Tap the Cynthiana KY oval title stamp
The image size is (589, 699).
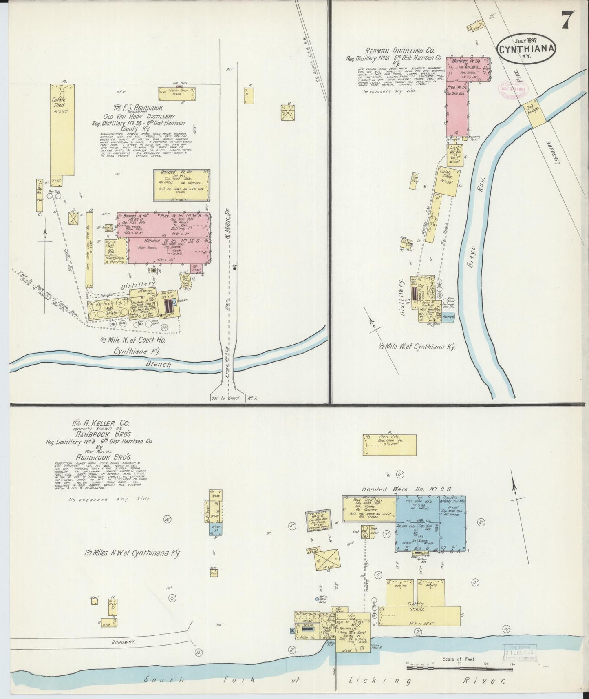click(x=526, y=50)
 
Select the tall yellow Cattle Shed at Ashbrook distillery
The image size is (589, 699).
click(x=62, y=135)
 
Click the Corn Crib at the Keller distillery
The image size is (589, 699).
click(x=389, y=444)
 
